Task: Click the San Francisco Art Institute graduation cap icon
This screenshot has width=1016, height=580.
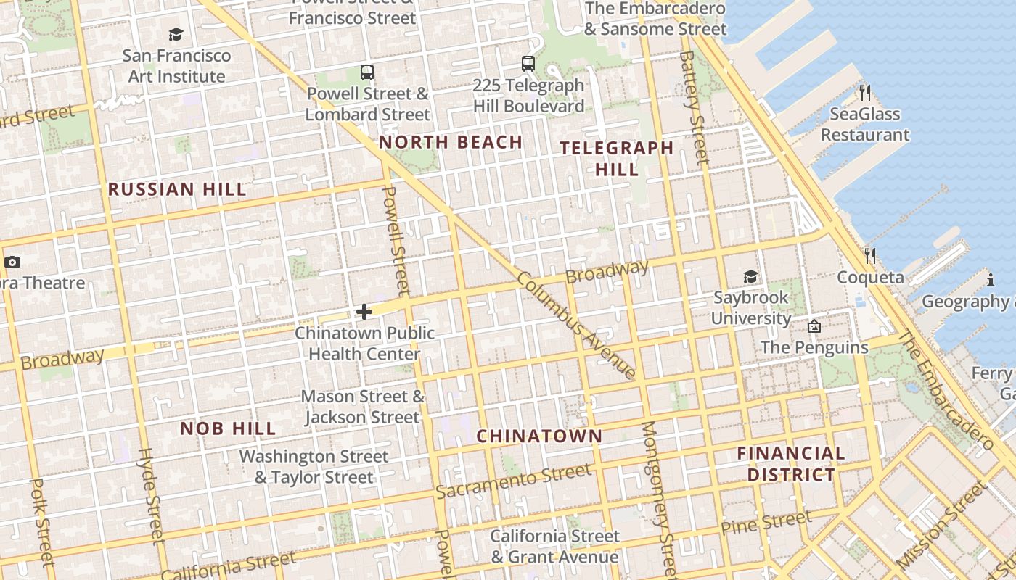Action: pyautogui.click(x=176, y=34)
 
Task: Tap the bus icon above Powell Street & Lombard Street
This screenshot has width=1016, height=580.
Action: pyautogui.click(x=367, y=72)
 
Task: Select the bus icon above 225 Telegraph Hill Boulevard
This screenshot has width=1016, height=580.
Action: pyautogui.click(x=528, y=64)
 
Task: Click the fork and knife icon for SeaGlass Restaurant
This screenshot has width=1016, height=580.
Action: pyautogui.click(x=864, y=93)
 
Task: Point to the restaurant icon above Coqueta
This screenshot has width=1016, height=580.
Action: pyautogui.click(x=870, y=256)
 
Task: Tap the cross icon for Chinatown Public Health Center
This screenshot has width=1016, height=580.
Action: pyautogui.click(x=364, y=312)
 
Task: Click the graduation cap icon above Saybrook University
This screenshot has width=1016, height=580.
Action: pyautogui.click(x=750, y=277)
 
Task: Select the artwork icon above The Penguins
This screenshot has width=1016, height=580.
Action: pyautogui.click(x=814, y=327)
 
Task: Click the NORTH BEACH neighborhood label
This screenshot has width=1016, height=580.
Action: pyautogui.click(x=451, y=142)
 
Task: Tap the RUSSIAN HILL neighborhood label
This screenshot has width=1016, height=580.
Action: pyautogui.click(x=177, y=190)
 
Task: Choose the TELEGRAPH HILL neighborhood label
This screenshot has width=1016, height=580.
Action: pyautogui.click(x=617, y=159)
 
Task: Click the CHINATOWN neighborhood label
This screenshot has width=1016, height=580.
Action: pyautogui.click(x=539, y=436)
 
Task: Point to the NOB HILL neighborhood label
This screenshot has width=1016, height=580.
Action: pyautogui.click(x=228, y=428)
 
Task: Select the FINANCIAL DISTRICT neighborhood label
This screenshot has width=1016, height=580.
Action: pyautogui.click(x=791, y=464)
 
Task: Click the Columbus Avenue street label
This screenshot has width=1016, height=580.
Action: pyautogui.click(x=577, y=326)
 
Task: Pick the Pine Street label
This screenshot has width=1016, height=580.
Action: pyautogui.click(x=766, y=523)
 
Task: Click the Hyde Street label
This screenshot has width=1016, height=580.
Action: pyautogui.click(x=150, y=494)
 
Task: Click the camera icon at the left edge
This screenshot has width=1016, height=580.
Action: pyautogui.click(x=12, y=262)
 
